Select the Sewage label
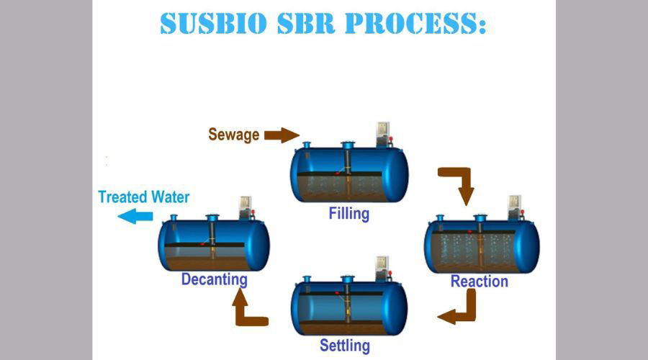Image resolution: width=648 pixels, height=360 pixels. pos(233,135)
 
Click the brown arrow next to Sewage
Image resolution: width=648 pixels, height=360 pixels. pos(282,135)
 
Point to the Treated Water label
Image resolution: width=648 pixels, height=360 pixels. pos(143,197)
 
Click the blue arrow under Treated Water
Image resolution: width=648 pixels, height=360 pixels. pos(135,216)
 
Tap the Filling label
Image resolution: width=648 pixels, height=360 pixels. pos(348,214)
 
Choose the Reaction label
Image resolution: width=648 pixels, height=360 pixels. pos(479,281)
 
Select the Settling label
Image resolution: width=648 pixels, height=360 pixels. pos(345,346)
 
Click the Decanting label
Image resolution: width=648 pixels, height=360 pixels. pos(215,279)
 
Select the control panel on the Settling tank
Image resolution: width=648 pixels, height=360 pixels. pos(382,267)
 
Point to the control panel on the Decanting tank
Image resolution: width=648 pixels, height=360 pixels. pos(246,208)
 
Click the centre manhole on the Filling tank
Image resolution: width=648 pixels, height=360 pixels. pos(348,146)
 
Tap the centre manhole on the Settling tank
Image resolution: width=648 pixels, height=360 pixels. pos(348,279)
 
